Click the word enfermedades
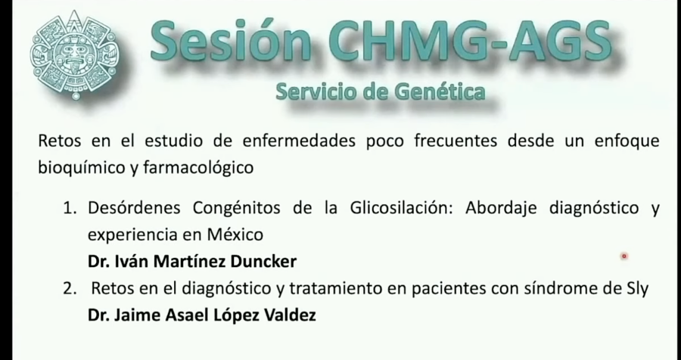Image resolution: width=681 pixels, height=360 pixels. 303,141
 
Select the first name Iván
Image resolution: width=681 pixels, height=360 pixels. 132,261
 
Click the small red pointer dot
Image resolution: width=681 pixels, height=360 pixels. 624,256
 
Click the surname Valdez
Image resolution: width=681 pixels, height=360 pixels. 286,314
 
